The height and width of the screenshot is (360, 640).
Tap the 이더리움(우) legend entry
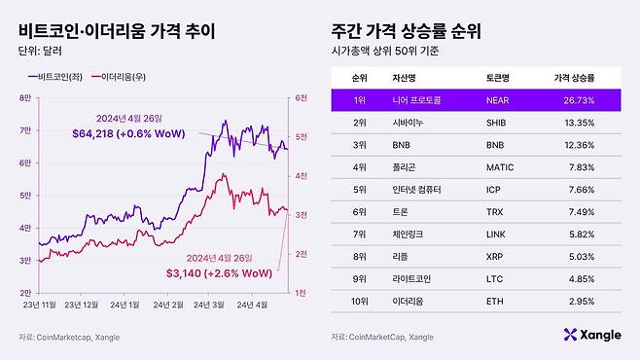click(124, 75)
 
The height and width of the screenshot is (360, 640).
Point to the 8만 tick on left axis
click(26, 97)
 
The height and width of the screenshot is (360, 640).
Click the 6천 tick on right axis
click(302, 97)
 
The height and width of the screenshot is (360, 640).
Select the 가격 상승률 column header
click(574, 76)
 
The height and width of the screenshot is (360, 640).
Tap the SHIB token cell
click(495, 123)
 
